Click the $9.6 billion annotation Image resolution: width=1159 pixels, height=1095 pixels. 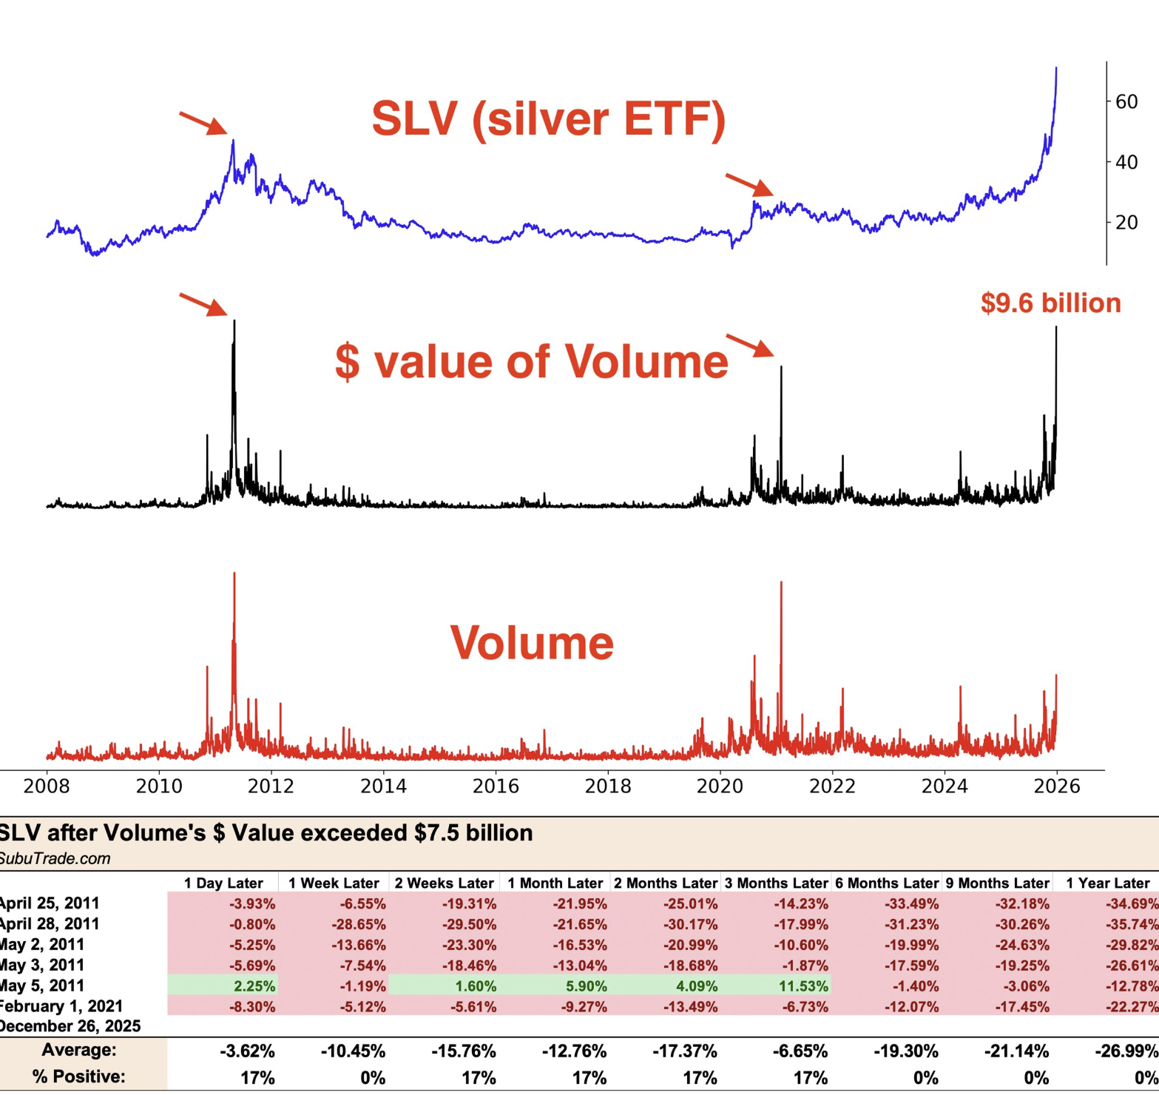(1050, 303)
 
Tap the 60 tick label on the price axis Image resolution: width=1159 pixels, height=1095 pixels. (1126, 101)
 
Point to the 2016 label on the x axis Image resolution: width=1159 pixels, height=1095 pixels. (496, 785)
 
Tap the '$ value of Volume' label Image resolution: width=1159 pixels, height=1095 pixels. (532, 361)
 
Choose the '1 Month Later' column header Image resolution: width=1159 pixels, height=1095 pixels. (555, 883)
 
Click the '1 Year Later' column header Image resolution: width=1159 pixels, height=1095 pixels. (1107, 883)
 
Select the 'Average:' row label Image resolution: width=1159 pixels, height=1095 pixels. (79, 1050)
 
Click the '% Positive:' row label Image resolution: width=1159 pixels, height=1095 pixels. (78, 1077)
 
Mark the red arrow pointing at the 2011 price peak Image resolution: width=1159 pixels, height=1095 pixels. (203, 123)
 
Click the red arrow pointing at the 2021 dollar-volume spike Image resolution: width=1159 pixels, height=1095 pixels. (750, 346)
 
